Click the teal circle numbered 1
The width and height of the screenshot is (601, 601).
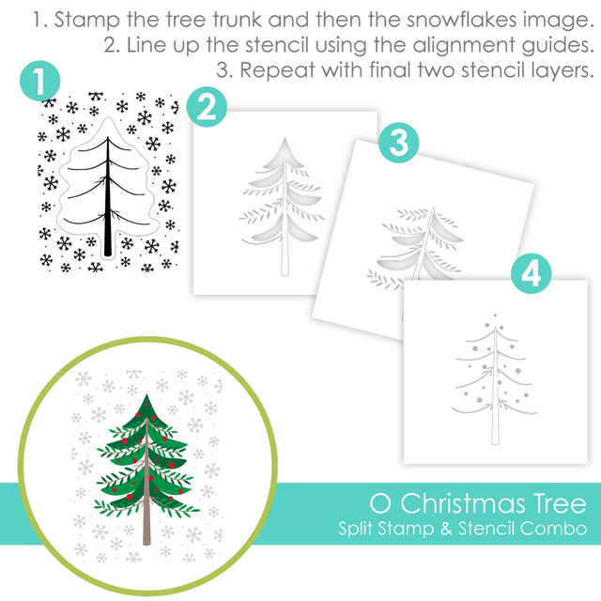[39, 81]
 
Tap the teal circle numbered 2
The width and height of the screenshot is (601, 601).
[207, 107]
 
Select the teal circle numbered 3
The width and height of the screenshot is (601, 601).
[398, 143]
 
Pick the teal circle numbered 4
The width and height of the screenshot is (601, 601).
[532, 273]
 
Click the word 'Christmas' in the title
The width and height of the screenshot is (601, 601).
[463, 503]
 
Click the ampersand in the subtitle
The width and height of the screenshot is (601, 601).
[446, 528]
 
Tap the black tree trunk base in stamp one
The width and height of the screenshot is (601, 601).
[108, 251]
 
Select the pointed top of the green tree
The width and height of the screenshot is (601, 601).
[146, 395]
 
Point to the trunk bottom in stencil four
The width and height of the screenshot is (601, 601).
[495, 441]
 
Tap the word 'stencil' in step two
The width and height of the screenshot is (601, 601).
[277, 45]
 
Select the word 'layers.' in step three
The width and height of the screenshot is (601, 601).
[562, 71]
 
